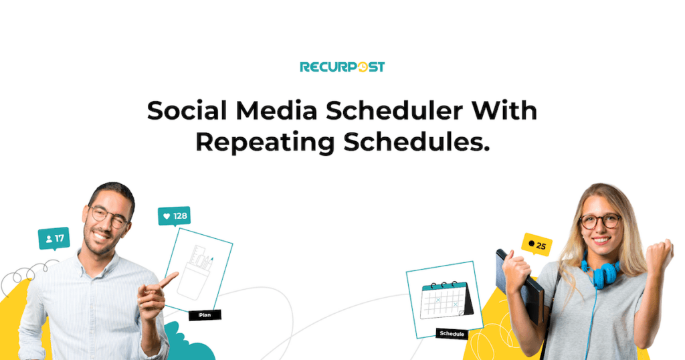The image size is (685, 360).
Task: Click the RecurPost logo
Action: (x=342, y=67)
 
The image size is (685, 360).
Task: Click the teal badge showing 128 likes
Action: (x=174, y=215)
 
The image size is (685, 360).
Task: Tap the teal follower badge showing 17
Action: (x=54, y=238)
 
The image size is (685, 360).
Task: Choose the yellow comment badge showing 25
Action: (x=536, y=246)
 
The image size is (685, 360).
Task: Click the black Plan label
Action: (x=204, y=314)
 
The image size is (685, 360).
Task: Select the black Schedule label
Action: (x=452, y=333)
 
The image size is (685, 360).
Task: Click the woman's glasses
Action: (x=599, y=221)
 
